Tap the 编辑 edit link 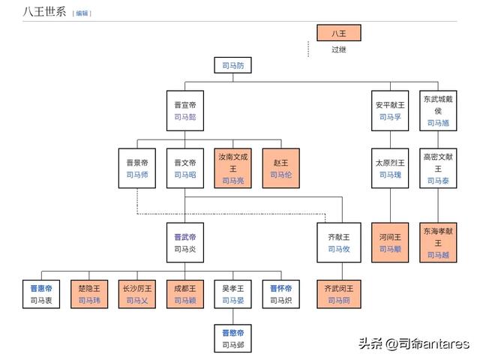pyautogui.click(x=82, y=13)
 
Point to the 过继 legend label pyautogui.click(x=339, y=50)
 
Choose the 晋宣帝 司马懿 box pyautogui.click(x=184, y=111)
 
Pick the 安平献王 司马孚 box pyautogui.click(x=391, y=111)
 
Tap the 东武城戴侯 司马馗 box pyautogui.click(x=439, y=111)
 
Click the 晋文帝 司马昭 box pyautogui.click(x=184, y=168)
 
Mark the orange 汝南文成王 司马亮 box pyautogui.click(x=232, y=168)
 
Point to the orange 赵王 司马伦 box pyautogui.click(x=280, y=168)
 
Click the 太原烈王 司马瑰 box pyautogui.click(x=391, y=168)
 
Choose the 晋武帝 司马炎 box pyautogui.click(x=184, y=242)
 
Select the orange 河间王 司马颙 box pyautogui.click(x=391, y=242)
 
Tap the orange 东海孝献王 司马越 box pyautogui.click(x=439, y=242)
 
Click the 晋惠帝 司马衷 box pyautogui.click(x=41, y=294)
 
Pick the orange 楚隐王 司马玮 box pyautogui.click(x=89, y=294)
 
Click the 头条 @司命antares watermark pyautogui.click(x=413, y=343)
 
